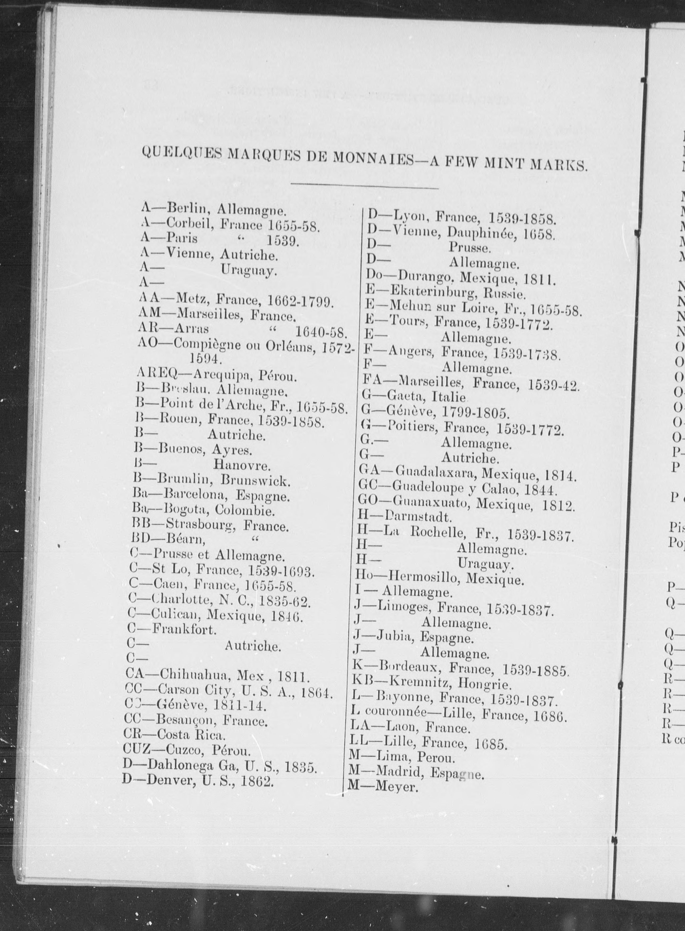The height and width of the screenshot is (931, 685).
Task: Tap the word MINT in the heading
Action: coord(507,163)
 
